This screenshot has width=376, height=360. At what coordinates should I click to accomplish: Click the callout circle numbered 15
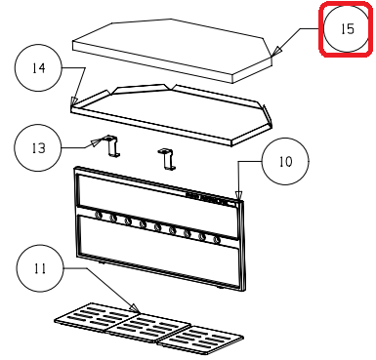(346, 29)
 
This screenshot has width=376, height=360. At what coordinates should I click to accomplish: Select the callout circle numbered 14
(38, 67)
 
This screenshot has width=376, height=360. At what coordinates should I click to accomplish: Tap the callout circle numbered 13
(38, 148)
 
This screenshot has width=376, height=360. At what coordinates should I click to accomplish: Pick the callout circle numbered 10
(285, 161)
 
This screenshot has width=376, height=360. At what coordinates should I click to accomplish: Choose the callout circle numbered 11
(40, 268)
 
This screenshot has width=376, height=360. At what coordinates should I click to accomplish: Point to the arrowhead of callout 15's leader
(276, 52)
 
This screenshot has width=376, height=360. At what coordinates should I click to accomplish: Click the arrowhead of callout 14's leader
(74, 101)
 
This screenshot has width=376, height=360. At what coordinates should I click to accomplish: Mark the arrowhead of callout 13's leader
(96, 141)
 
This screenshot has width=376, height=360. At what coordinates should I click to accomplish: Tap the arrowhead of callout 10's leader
(239, 195)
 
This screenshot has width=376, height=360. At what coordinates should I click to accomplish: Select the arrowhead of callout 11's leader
(135, 308)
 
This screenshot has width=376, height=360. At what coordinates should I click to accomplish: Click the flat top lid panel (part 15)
(172, 51)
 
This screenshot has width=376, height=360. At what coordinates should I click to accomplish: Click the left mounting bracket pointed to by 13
(110, 146)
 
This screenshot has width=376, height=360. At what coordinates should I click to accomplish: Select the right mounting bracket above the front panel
(166, 159)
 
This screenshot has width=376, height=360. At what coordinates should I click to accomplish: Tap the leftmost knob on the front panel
(98, 215)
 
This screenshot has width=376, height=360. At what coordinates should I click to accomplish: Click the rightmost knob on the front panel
(216, 240)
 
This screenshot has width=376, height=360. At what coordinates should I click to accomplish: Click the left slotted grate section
(97, 317)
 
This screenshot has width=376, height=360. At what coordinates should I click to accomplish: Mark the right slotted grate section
(200, 340)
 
